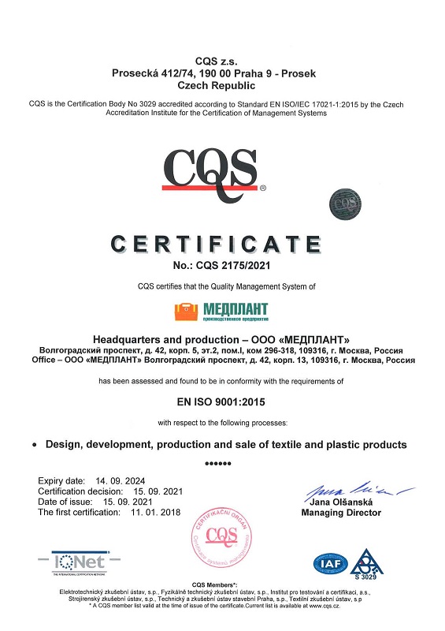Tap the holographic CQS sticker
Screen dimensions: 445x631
pos(343,201)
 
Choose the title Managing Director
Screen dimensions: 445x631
pos(341,513)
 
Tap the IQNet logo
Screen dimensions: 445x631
pos(87,562)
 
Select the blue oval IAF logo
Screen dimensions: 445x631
pos(331,562)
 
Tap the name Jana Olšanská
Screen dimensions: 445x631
pos(341,502)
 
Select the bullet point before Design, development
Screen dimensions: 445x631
pos(35,446)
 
